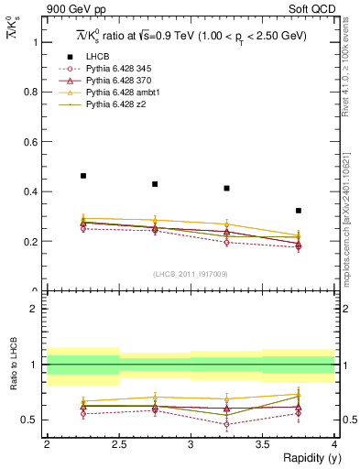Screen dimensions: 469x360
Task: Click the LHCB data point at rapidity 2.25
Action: pos(83,176)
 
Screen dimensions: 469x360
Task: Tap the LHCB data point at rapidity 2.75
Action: pos(155,184)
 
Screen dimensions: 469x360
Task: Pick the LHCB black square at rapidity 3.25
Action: pos(226,189)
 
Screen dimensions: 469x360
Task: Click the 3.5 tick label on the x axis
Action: pos(262,445)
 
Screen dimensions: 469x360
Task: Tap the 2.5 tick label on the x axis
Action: pos(118,445)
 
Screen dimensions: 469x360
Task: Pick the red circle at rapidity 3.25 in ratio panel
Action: pos(226,424)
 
